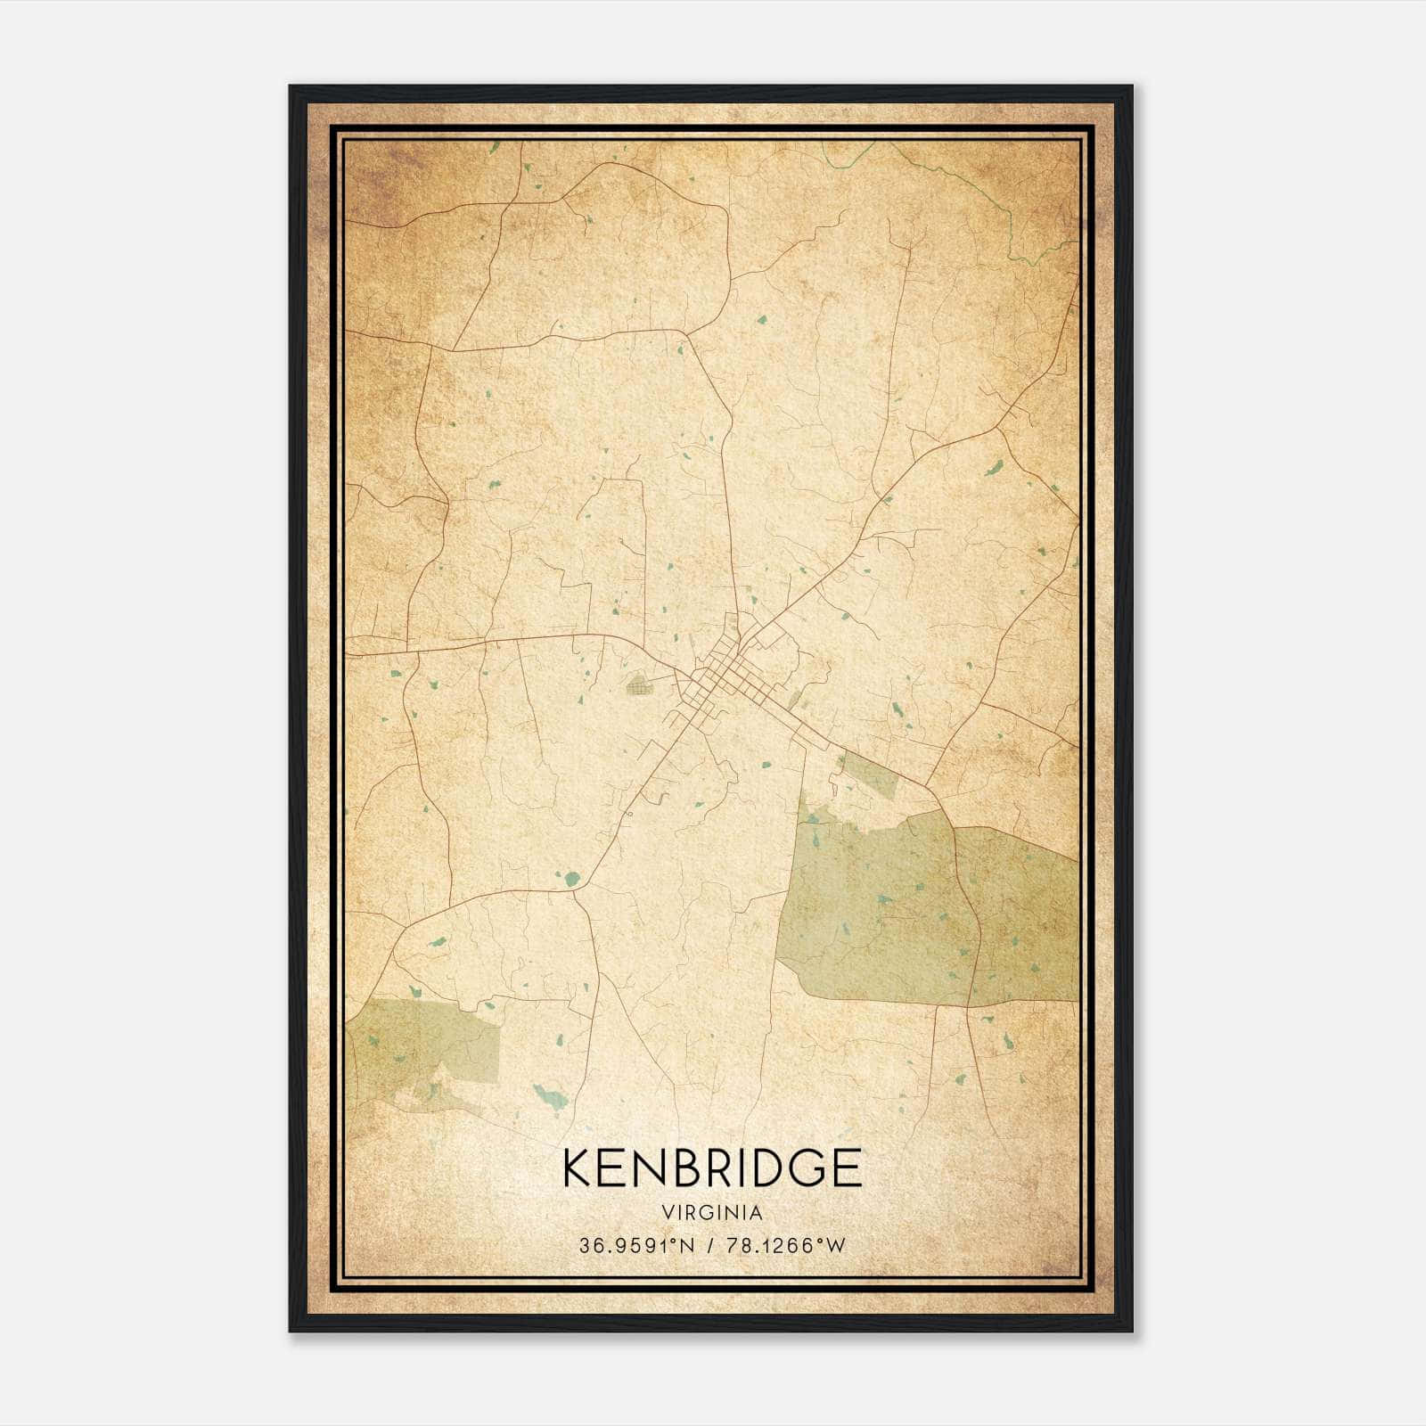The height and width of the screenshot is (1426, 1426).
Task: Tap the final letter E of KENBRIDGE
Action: (849, 1168)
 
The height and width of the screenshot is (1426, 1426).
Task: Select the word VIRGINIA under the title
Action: (712, 1213)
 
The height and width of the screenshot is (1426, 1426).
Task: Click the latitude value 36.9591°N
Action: (636, 1246)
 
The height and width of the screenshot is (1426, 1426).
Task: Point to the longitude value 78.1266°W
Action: (783, 1246)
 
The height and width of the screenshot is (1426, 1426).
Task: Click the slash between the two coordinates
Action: (710, 1246)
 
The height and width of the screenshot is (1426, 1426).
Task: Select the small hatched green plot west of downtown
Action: (639, 685)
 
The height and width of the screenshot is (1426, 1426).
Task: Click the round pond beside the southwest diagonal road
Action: (570, 880)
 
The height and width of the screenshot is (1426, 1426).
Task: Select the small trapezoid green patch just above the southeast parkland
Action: (869, 774)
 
